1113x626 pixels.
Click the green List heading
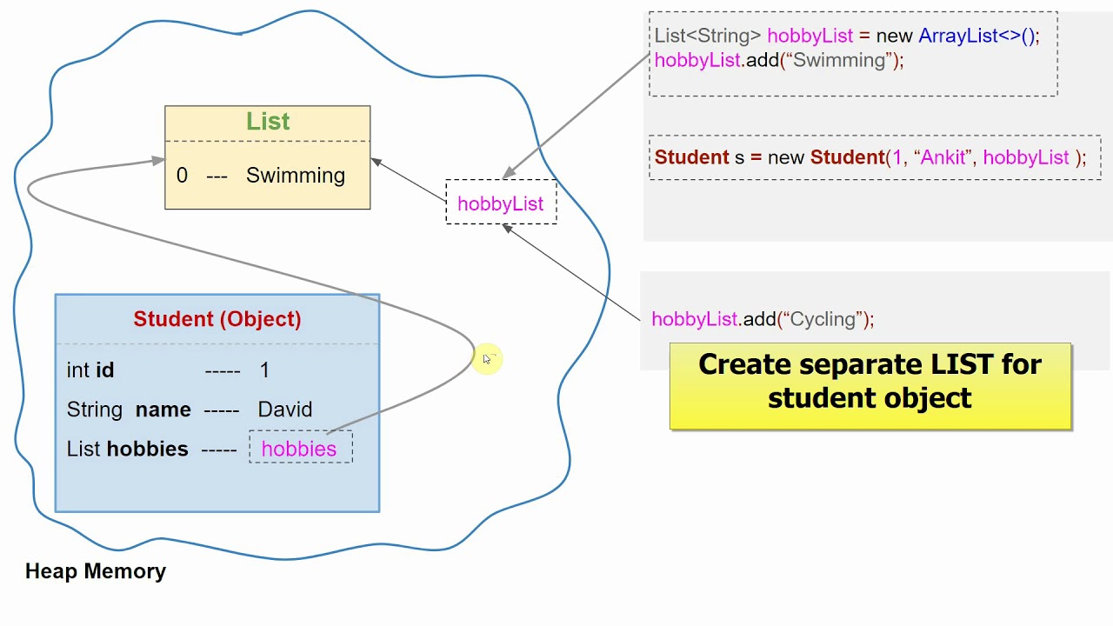click(267, 122)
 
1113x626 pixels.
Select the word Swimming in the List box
click(296, 176)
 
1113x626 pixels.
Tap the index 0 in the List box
click(182, 176)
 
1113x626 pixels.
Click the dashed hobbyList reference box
click(501, 203)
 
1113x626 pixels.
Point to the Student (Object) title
click(217, 319)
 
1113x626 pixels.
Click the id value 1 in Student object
click(264, 370)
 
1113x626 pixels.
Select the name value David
click(285, 410)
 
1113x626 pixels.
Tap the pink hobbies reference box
click(300, 449)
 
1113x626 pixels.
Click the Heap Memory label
click(96, 571)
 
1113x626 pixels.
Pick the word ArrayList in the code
click(958, 36)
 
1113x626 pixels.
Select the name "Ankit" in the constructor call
click(943, 157)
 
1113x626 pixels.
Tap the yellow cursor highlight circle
click(487, 359)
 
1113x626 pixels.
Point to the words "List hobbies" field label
click(127, 449)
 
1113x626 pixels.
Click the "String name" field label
click(129, 410)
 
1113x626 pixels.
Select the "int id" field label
click(90, 370)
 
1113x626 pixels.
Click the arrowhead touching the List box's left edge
click(158, 161)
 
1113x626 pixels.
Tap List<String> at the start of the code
click(708, 36)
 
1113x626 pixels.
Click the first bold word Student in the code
click(691, 157)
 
